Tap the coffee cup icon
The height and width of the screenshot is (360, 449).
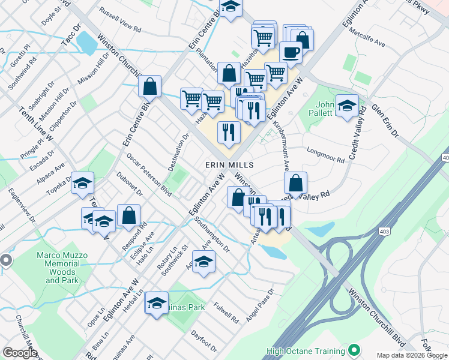[x=291, y=52]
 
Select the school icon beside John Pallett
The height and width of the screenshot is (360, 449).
[x=346, y=106]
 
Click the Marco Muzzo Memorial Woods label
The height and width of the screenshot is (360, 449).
[x=62, y=268]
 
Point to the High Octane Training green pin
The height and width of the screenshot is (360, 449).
[x=354, y=350]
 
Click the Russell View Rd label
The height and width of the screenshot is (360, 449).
[x=120, y=29]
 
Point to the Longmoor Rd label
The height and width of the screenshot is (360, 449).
[x=325, y=155]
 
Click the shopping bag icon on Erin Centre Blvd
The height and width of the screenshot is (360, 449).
[x=149, y=86]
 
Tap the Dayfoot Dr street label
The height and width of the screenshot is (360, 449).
[x=203, y=340]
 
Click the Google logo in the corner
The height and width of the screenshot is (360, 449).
[x=20, y=353]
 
